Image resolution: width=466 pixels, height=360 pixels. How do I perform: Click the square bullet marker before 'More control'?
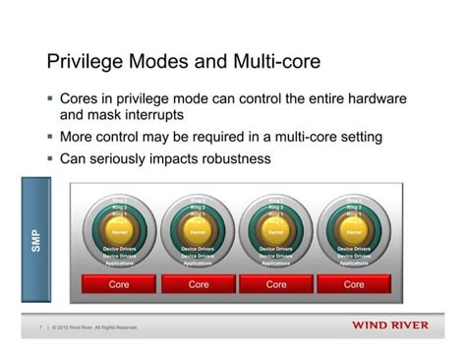point(50,138)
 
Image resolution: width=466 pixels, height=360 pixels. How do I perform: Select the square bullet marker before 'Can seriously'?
point(50,158)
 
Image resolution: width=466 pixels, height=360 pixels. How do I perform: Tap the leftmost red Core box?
point(119,284)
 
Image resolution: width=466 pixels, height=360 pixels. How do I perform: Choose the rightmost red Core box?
point(354,284)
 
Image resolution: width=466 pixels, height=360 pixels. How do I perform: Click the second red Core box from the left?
point(198,284)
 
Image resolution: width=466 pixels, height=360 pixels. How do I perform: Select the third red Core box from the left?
point(276,284)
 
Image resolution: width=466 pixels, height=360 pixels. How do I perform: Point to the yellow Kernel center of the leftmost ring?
point(119,233)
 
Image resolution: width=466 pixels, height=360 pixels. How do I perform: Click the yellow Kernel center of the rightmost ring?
point(354,233)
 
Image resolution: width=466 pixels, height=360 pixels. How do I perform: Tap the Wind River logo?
point(389,326)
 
